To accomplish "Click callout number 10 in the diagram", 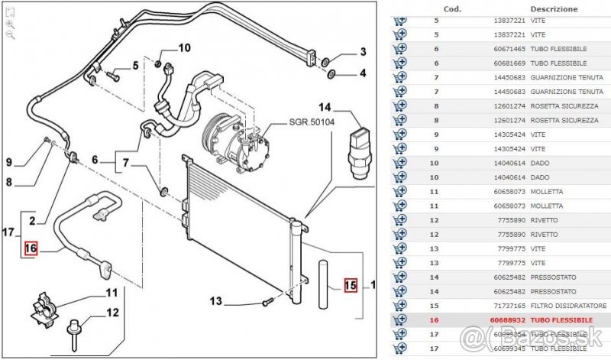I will [x=184, y=48].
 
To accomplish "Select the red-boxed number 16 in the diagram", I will [x=31, y=248].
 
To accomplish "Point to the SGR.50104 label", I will [x=312, y=123].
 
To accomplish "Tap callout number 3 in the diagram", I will [x=363, y=52].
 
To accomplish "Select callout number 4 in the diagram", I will [x=363, y=74].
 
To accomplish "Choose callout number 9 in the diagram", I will [x=10, y=162].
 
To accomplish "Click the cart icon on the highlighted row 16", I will [x=399, y=319].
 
